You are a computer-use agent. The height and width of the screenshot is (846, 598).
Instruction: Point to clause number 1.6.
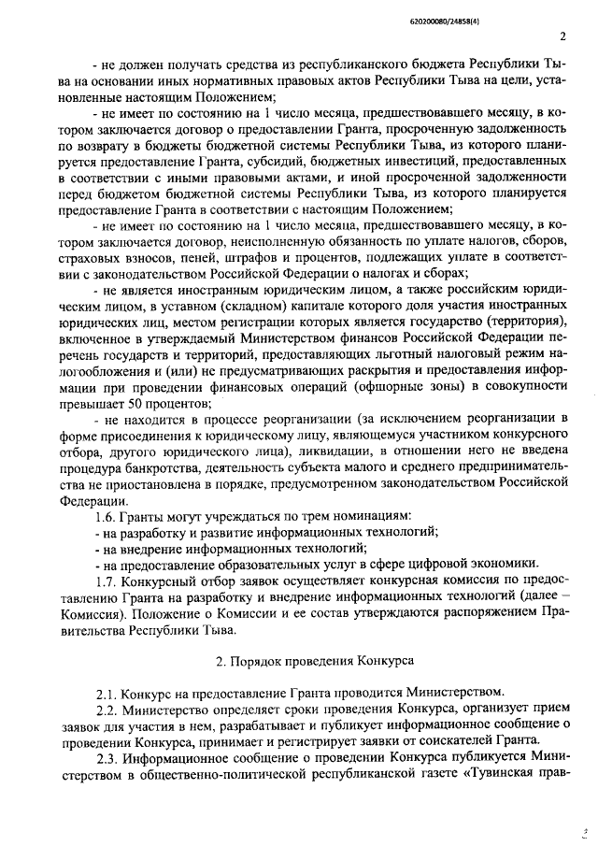pos(108,516)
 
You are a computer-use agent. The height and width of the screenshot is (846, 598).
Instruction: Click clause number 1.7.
pos(108,580)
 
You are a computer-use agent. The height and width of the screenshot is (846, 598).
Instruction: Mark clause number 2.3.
pos(108,754)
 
